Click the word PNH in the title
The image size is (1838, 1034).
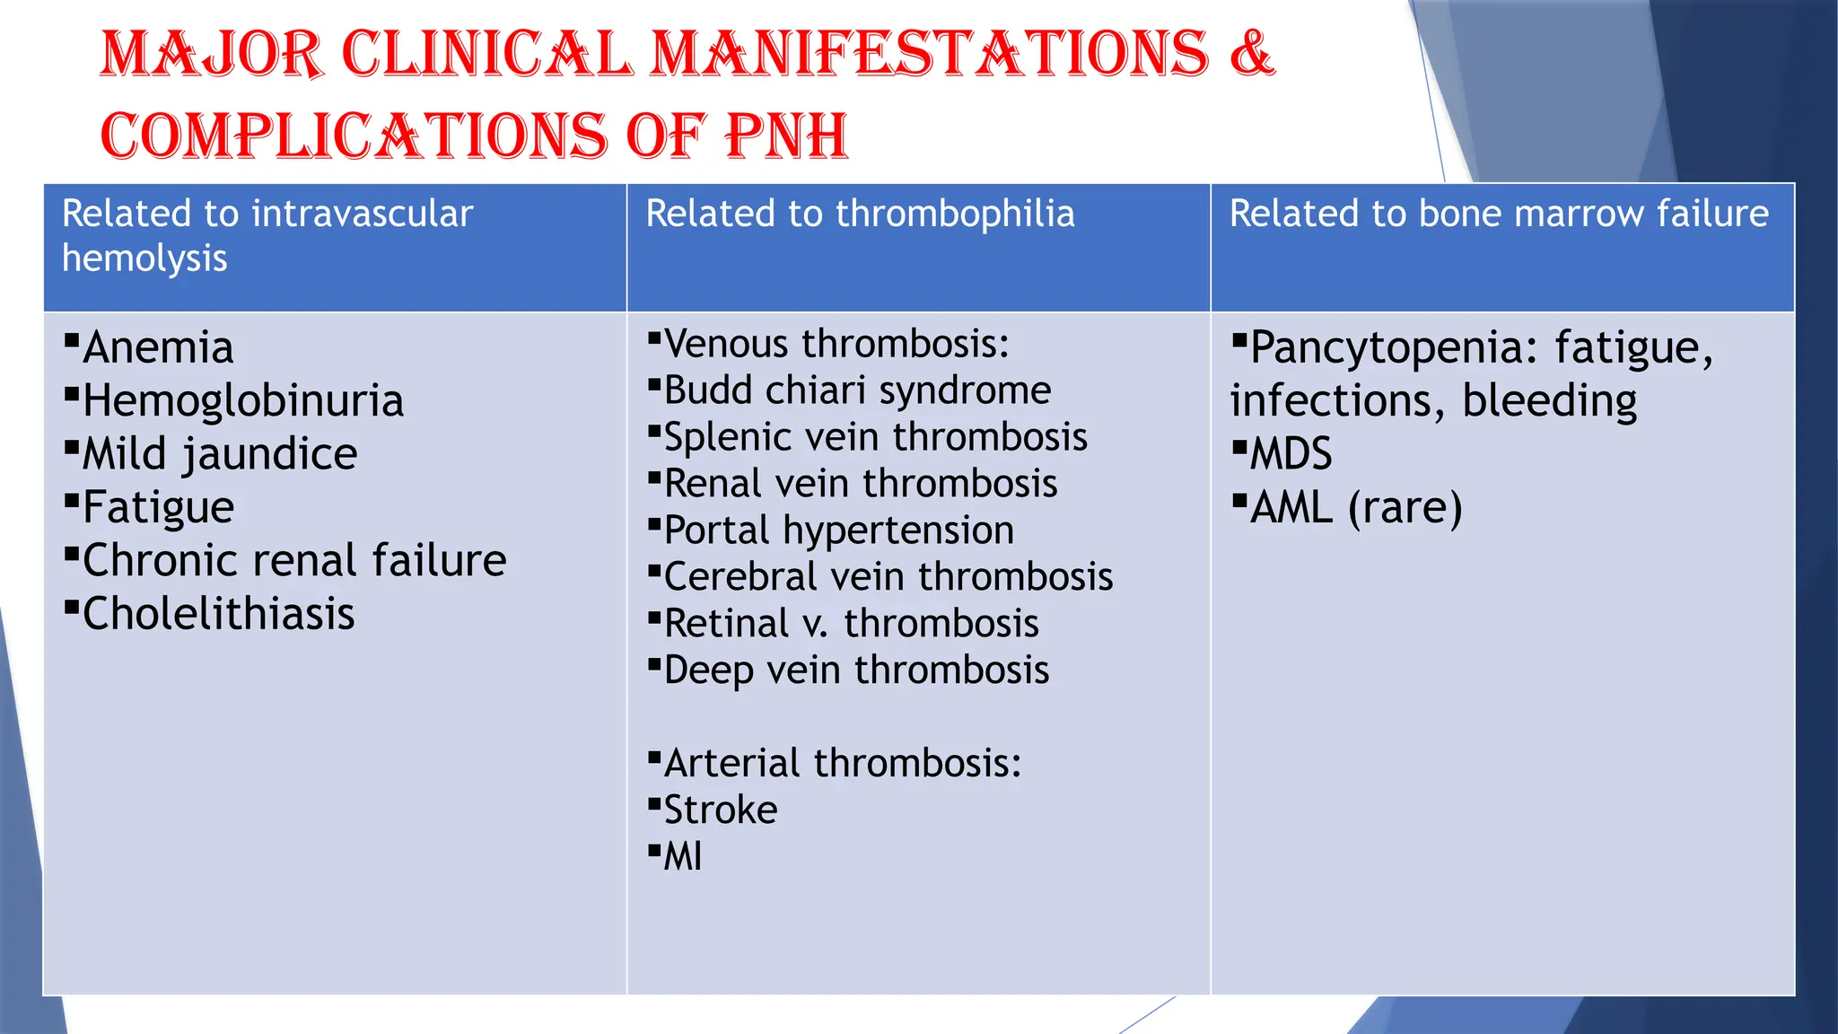click(x=786, y=136)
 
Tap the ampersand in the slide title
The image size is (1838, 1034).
click(x=1251, y=53)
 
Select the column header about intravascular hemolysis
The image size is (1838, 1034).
click(x=267, y=236)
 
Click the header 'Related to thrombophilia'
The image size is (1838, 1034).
click(x=860, y=215)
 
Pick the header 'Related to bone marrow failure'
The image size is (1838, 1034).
click(x=1499, y=215)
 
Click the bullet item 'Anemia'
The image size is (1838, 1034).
click(x=158, y=348)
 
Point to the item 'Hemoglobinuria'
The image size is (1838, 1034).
click(x=242, y=401)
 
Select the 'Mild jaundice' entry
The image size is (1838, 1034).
click(x=220, y=454)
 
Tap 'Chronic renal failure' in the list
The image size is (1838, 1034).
click(x=294, y=561)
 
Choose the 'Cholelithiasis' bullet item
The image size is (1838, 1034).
click(x=218, y=615)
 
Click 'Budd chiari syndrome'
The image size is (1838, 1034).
click(x=857, y=391)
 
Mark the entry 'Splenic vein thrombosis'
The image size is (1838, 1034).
click(x=875, y=438)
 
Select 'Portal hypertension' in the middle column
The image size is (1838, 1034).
click(x=838, y=530)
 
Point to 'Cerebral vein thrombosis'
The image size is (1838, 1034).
click(x=888, y=577)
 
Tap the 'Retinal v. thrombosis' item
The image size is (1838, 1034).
click(x=851, y=624)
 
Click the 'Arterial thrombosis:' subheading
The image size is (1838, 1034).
click(x=842, y=764)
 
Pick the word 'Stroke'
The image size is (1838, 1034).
click(x=720, y=811)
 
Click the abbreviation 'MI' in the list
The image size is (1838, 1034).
click(x=682, y=857)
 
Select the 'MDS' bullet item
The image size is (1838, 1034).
click(x=1291, y=454)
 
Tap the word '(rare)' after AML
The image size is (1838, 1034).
click(x=1405, y=508)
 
